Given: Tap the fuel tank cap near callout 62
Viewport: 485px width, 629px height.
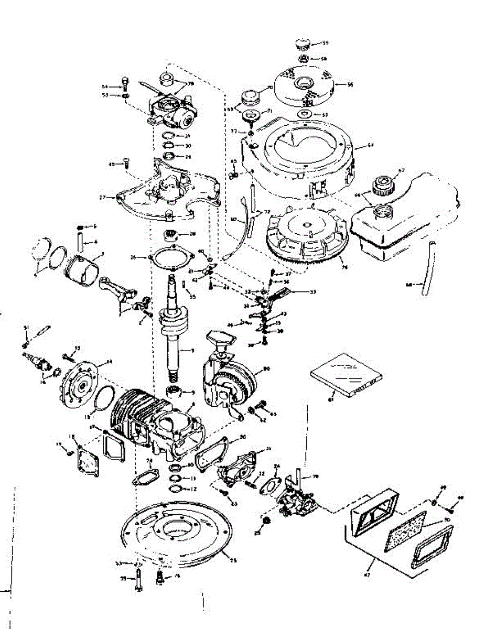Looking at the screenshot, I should (x=383, y=186).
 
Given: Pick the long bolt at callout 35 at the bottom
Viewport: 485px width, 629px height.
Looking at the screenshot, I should (x=137, y=579).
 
